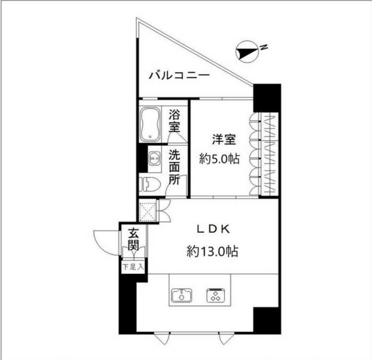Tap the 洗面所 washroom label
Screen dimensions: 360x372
click(x=174, y=169)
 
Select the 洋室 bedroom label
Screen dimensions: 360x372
click(x=223, y=140)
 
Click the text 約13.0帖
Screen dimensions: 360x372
click(x=213, y=251)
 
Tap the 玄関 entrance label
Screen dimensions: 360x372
click(x=133, y=240)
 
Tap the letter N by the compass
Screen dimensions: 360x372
click(x=263, y=47)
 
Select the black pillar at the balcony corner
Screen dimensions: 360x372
click(x=267, y=97)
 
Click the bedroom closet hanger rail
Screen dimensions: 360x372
click(x=270, y=155)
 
